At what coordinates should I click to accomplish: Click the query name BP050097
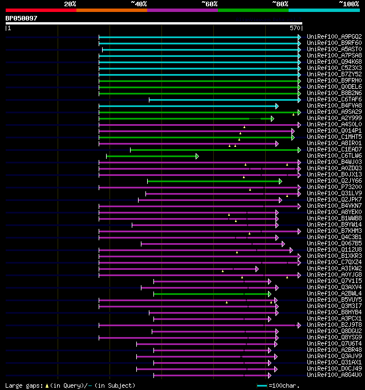click(22, 18)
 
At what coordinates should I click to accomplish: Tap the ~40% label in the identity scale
click(139, 4)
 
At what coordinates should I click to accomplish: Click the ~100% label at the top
click(348, 4)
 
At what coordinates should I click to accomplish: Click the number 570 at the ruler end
click(295, 27)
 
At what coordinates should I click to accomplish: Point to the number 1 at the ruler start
click(9, 27)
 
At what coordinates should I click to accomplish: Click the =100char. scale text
click(283, 385)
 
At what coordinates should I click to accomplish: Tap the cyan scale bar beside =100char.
click(262, 385)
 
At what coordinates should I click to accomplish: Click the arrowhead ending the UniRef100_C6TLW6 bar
click(197, 156)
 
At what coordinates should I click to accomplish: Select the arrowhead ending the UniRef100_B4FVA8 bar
click(277, 106)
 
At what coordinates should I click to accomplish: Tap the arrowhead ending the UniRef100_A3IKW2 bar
click(257, 269)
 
